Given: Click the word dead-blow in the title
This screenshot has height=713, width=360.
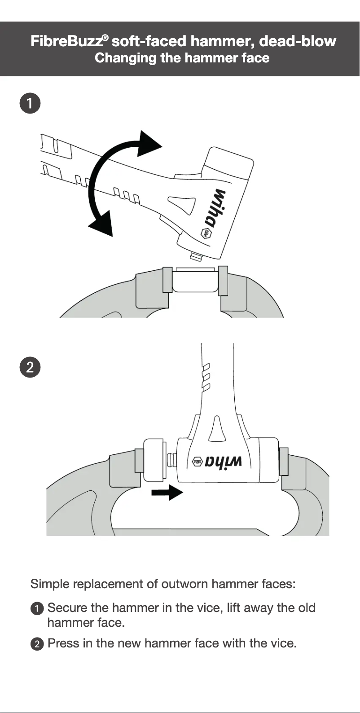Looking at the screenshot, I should click(x=298, y=41).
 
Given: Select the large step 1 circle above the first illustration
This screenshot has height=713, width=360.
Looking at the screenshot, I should click(x=30, y=103).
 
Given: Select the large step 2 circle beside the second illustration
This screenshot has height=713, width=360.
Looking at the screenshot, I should click(x=30, y=367).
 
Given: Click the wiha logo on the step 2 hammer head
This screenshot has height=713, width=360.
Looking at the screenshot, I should click(x=218, y=462).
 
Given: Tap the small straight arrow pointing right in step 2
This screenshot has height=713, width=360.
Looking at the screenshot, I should click(x=167, y=493).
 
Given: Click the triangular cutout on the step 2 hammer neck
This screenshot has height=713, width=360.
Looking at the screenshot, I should click(x=217, y=429).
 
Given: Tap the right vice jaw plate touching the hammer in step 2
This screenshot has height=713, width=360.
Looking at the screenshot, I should click(x=283, y=461).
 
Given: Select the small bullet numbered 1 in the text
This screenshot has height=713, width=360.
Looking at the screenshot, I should click(x=37, y=609).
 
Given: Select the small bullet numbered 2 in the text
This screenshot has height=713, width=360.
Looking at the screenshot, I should click(x=37, y=644).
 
